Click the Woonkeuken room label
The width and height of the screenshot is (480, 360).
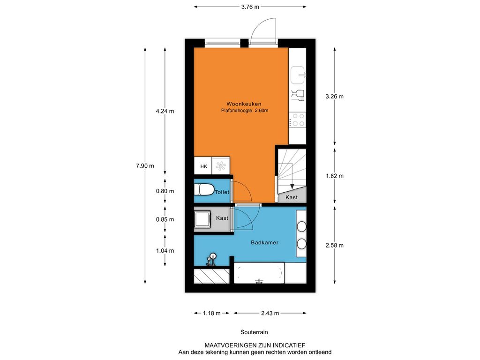[244, 104]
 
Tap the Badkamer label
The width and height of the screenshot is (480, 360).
[264, 242]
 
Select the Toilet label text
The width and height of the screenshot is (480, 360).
[222, 192]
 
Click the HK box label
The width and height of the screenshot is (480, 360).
[203, 166]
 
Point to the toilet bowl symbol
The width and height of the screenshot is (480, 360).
[204, 189]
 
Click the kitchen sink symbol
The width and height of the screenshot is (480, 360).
[298, 75]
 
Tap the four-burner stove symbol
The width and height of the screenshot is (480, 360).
[298, 120]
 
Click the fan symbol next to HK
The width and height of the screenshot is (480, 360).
[221, 166]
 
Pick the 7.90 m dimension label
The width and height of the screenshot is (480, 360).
[145, 166]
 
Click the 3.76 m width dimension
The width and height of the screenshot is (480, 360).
[250, 7]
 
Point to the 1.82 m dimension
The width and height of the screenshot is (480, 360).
[335, 176]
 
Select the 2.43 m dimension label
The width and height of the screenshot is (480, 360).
[270, 313]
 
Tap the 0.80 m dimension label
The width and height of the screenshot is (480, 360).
[165, 191]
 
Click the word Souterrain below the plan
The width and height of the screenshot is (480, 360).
[254, 332]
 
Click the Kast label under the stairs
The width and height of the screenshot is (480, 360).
[292, 197]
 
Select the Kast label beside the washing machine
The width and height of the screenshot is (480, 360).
[222, 218]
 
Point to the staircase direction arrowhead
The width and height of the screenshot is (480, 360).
[292, 186]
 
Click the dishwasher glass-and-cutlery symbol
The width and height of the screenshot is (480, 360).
[298, 96]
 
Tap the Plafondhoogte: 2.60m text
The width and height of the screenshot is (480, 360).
[245, 111]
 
